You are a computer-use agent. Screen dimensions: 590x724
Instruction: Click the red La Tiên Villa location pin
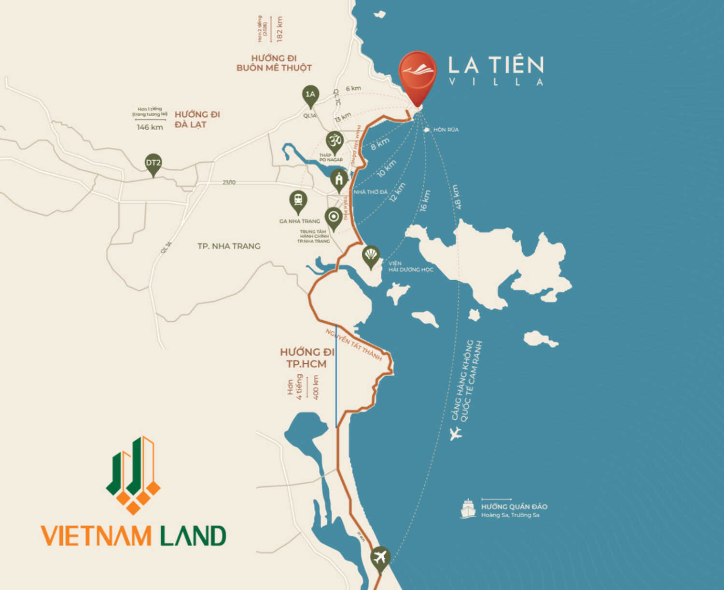click(x=418, y=75)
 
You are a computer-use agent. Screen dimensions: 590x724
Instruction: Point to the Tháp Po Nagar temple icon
click(x=334, y=142)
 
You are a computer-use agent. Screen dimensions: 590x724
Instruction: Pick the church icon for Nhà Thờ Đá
click(x=339, y=180)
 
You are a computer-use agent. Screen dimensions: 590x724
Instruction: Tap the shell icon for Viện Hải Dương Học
click(x=371, y=255)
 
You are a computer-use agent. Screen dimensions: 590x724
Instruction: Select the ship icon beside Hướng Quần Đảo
click(x=468, y=509)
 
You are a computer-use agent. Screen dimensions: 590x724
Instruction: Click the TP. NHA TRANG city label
click(x=229, y=246)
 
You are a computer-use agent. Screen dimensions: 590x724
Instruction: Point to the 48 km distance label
click(x=456, y=197)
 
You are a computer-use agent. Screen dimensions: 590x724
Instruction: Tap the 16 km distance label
click(x=425, y=200)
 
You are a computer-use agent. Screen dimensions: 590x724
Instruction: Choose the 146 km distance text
click(x=150, y=127)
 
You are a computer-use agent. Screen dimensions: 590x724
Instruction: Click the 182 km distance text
click(x=279, y=29)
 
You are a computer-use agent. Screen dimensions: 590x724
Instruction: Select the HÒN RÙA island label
click(x=446, y=130)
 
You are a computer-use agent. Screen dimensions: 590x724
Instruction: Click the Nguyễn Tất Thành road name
click(x=353, y=344)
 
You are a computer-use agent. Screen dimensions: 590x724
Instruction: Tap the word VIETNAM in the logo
click(x=96, y=536)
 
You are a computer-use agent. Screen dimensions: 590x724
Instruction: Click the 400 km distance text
click(x=316, y=387)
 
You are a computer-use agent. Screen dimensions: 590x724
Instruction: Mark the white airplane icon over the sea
click(x=455, y=433)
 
